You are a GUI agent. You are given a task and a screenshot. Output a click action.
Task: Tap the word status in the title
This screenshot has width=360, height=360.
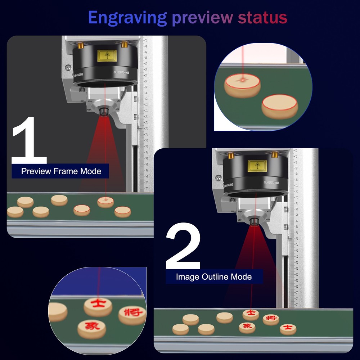click(262, 17)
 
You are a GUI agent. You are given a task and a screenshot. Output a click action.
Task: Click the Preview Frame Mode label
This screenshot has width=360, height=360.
click(61, 171)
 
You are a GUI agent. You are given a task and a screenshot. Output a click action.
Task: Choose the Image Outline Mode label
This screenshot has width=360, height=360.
click(214, 277)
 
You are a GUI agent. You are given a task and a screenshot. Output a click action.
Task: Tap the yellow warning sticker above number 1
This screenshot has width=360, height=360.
click(107, 56)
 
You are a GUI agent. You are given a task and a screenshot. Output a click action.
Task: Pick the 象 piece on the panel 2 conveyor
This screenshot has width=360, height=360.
click(247, 327)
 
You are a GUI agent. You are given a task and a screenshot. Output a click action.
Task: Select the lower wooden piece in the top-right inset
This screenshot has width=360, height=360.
click(280, 106)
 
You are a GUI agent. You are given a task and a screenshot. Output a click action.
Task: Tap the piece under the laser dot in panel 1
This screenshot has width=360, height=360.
click(105, 202)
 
